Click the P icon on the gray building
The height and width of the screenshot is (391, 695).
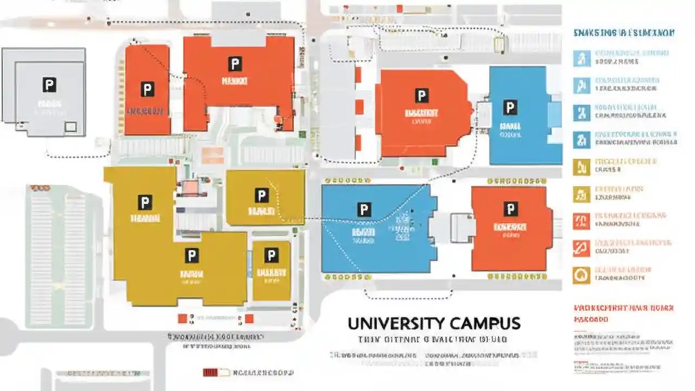[x=49, y=84]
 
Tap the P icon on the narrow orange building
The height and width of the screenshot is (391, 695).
[x=146, y=89]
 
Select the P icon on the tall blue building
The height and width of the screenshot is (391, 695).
[x=510, y=107]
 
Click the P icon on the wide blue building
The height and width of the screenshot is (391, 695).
[x=364, y=210]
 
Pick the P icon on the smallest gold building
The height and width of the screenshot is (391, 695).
[x=271, y=255]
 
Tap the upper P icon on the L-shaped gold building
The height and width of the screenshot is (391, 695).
[x=144, y=203]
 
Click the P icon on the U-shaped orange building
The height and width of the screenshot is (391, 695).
[x=235, y=64]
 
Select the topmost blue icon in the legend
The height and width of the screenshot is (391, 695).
[x=582, y=58]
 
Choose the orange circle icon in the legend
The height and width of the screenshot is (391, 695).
[x=581, y=275]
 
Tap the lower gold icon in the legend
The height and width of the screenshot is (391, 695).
[x=581, y=194]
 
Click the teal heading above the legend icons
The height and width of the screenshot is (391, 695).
[x=624, y=33]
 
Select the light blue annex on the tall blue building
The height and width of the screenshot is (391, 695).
[x=554, y=114]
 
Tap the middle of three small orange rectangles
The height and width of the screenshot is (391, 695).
[x=359, y=107]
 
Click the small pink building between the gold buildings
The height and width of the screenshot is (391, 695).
[x=191, y=187]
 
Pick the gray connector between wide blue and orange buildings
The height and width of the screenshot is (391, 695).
[x=462, y=228]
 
